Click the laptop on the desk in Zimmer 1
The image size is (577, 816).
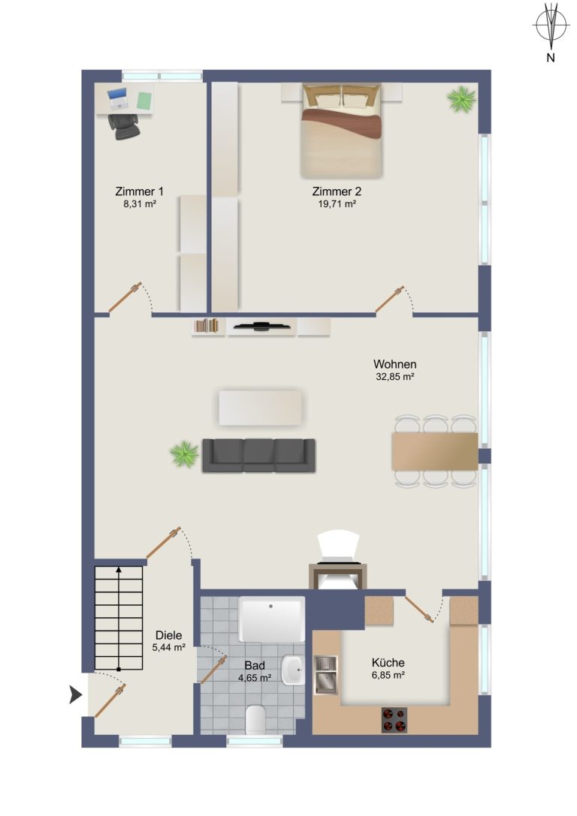pyautogui.click(x=118, y=98)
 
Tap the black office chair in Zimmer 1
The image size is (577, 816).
pyautogui.click(x=125, y=127)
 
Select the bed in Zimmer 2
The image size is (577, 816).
pyautogui.click(x=342, y=131)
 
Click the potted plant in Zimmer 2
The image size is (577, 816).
pyautogui.click(x=461, y=99)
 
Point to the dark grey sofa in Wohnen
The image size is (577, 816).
pyautogui.click(x=258, y=456)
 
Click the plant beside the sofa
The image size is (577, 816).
pyautogui.click(x=184, y=454)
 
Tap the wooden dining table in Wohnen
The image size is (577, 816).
pyautogui.click(x=435, y=451)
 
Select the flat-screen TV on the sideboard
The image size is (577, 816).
pyautogui.click(x=261, y=327)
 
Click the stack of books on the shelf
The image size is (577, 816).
pyautogui.click(x=206, y=325)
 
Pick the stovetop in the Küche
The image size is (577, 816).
pyautogui.click(x=394, y=720)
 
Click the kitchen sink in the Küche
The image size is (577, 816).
pyautogui.click(x=326, y=675)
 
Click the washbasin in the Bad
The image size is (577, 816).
pyautogui.click(x=293, y=670)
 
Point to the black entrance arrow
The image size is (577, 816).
pyautogui.click(x=76, y=694)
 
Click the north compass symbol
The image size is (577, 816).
pyautogui.click(x=551, y=27)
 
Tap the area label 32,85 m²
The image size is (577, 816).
pyautogui.click(x=394, y=377)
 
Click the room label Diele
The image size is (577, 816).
pyautogui.click(x=169, y=635)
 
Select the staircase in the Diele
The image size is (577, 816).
pyautogui.click(x=119, y=619)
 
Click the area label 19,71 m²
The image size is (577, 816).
pyautogui.click(x=337, y=204)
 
